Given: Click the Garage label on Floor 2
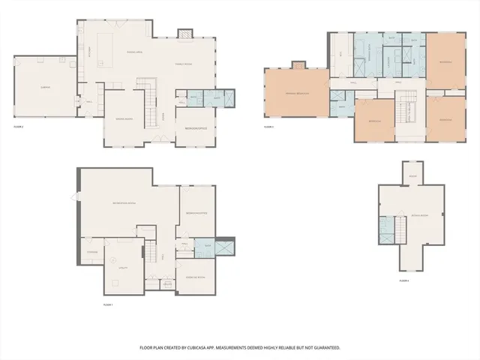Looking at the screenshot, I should point(46,88).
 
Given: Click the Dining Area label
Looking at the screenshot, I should point(135,52).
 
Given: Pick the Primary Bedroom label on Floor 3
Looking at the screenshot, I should point(296,93).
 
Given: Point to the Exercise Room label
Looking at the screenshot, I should point(195,277).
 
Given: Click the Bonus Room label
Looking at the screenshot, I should point(418,215).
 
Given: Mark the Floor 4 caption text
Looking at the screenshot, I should point(404,280).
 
